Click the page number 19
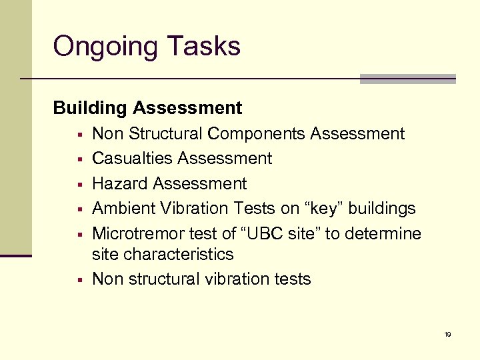[x=447, y=334]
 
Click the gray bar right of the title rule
[x=407, y=79]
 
